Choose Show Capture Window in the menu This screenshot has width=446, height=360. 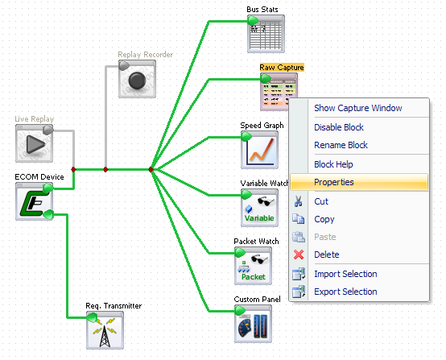pos(357,108)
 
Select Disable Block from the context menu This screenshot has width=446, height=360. pos(339,127)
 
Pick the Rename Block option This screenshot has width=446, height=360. pos(341,145)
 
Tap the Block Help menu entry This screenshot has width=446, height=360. pos(333,164)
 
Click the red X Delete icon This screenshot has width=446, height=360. pos(299,254)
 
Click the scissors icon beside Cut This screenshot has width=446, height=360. pos(299,201)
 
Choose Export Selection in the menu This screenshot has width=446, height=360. pos(345,292)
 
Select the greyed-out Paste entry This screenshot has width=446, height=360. pos(324,237)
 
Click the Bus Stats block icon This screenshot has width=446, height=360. pos(266,34)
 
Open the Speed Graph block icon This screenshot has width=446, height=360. pos(259,150)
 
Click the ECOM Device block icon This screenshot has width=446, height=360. pos(34,201)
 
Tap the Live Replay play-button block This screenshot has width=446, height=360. pos(34,143)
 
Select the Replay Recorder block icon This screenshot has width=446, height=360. pos(137,79)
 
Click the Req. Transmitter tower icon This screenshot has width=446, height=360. pos(105,330)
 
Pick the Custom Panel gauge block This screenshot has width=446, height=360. pos(253,324)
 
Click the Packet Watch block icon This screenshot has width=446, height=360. pos(253,266)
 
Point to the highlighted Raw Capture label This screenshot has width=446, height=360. pos(282,68)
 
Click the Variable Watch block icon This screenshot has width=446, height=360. pos(259,208)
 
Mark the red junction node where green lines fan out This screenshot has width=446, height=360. pos(151,170)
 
